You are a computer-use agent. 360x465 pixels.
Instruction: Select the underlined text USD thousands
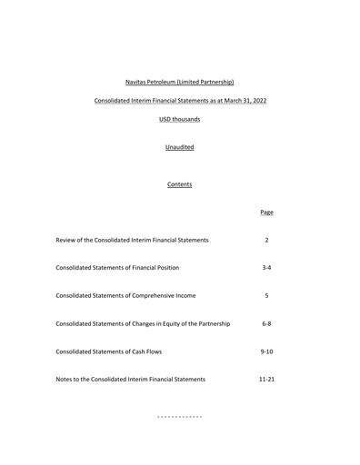pos(179,119)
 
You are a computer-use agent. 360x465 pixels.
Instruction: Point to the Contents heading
pos(179,184)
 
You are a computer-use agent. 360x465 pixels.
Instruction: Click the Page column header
pos(266,213)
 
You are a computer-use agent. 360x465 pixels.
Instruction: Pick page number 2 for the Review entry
pos(266,240)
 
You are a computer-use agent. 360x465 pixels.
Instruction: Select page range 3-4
pos(266,268)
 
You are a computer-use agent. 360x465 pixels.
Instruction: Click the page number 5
pos(266,295)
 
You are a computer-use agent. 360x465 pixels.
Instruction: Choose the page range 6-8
pos(266,323)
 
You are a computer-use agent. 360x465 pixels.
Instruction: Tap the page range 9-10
pos(266,351)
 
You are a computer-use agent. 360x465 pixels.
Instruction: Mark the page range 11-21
pos(266,379)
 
